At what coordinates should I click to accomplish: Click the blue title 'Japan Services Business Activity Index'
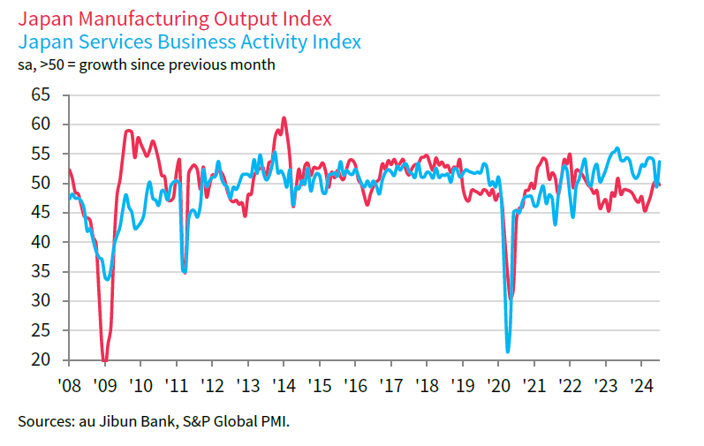pos(189,42)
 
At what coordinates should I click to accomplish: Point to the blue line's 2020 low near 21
pos(508,352)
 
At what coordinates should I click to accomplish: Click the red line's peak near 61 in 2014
pos(284,117)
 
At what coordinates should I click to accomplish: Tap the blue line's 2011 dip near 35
pos(185,272)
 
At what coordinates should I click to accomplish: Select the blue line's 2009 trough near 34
pos(107,278)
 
